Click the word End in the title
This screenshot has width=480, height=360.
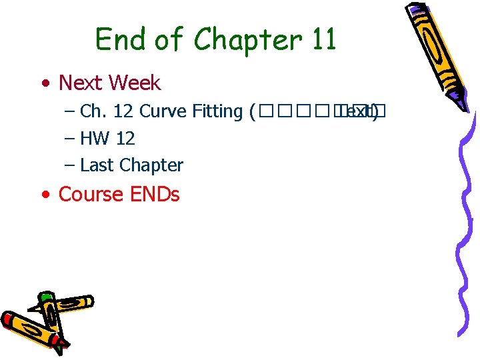[x=118, y=39]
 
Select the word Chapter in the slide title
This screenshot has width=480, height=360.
[x=247, y=41]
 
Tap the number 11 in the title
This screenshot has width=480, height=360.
[x=323, y=39]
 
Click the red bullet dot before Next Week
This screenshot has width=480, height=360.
[x=45, y=85]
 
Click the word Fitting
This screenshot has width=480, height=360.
[x=217, y=112]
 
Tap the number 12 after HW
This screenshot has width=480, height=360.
[x=125, y=139]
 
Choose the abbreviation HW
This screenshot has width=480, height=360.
[x=95, y=139]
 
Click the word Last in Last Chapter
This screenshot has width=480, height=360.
[x=95, y=165]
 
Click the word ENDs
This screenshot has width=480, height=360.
[x=154, y=194]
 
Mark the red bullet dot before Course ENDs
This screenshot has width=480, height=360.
[x=45, y=196]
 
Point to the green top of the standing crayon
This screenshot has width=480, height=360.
[x=45, y=296]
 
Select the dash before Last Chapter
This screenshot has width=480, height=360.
[x=70, y=165]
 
